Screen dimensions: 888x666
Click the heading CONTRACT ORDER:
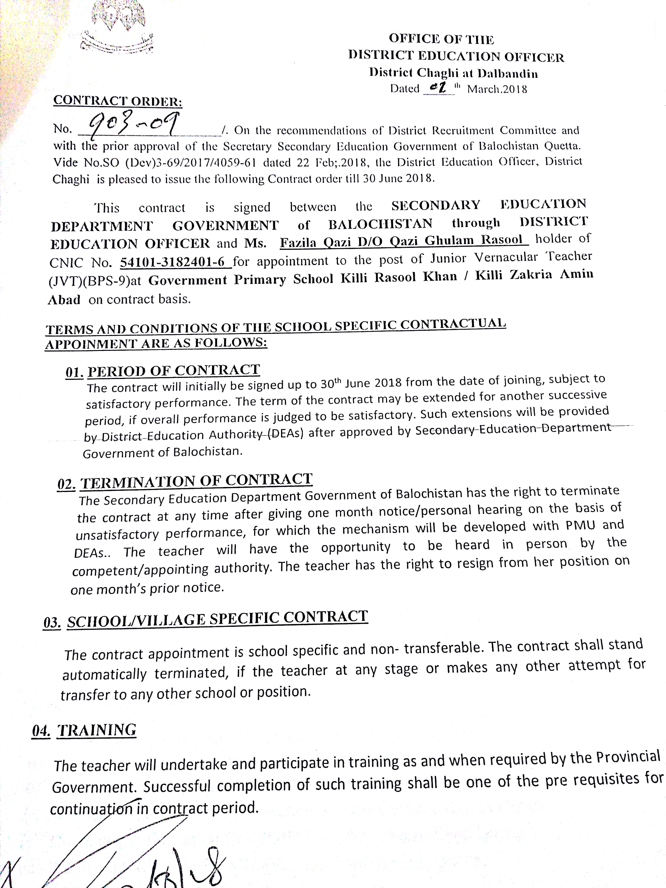(118, 100)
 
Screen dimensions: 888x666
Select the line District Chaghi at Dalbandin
(454, 73)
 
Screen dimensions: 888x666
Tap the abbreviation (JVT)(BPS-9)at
(94, 280)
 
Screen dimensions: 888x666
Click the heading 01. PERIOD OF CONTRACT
(163, 371)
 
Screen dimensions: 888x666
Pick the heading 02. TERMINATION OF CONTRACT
(185, 481)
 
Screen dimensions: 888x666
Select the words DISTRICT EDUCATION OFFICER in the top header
(456, 56)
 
